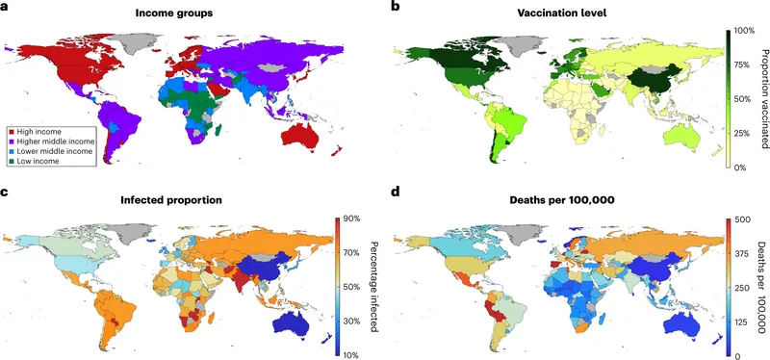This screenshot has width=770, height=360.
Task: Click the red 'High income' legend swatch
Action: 12,130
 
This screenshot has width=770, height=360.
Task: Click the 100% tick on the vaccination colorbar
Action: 745,31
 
